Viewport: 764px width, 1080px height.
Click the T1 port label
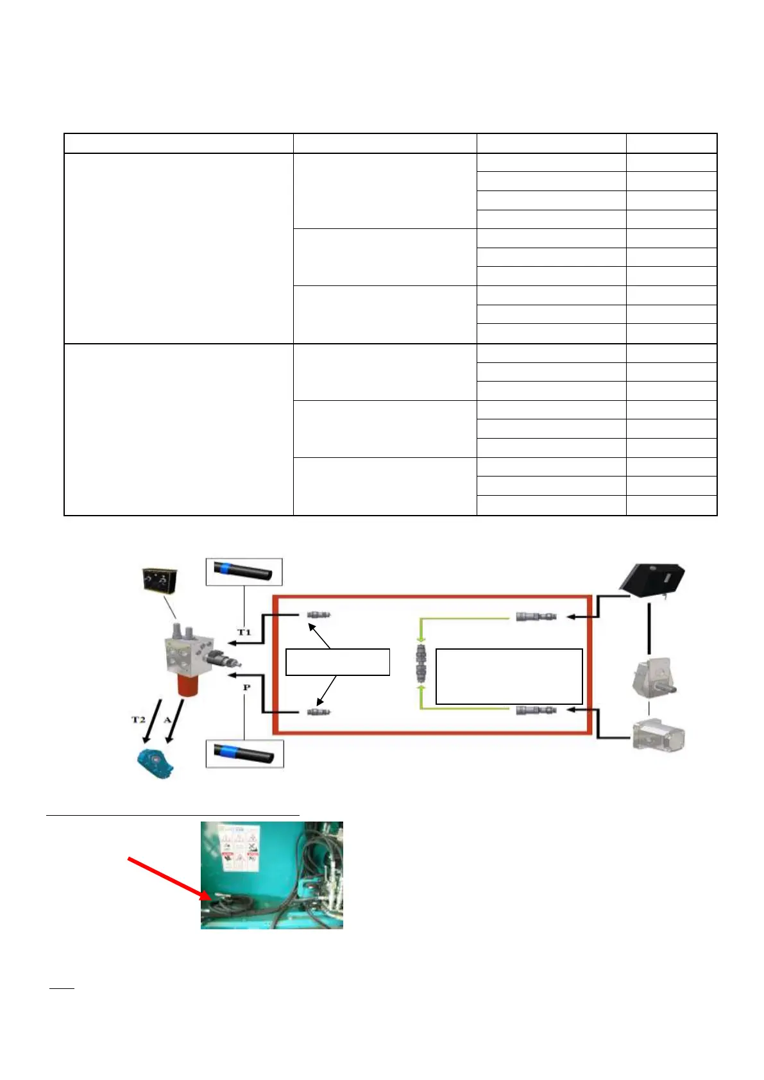(244, 632)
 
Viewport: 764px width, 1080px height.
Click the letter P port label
(246, 688)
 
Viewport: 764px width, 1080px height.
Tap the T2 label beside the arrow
(139, 720)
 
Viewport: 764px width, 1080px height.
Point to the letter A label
(167, 720)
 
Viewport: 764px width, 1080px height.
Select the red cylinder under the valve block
(191, 685)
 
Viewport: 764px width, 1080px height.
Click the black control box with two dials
(160, 580)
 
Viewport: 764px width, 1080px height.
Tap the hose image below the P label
(244, 754)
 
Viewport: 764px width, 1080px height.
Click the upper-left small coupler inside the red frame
(318, 615)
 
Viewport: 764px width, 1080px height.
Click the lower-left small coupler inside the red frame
(318, 712)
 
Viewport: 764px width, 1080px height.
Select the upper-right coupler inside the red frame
(536, 617)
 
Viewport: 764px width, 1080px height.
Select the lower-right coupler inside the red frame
(536, 710)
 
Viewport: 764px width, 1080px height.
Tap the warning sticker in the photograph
(239, 848)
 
